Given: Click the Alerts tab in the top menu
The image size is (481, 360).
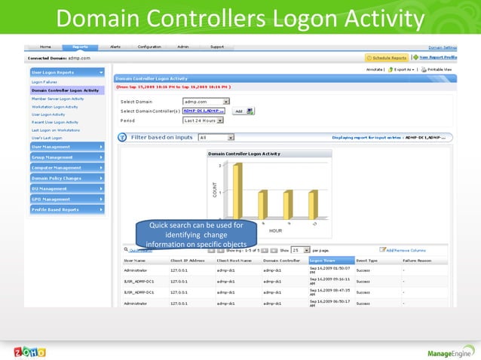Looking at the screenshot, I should [x=115, y=47].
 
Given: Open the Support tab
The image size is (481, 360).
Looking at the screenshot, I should [x=216, y=47].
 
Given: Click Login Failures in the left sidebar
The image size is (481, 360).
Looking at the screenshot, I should [x=44, y=82].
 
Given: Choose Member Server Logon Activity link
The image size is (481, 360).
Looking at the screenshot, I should [x=57, y=98].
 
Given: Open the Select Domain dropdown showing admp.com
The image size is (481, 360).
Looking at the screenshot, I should [x=206, y=101].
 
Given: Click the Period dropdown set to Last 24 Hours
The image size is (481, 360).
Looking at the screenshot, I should [x=203, y=121].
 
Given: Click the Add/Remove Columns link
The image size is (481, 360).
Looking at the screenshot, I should [x=406, y=249].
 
